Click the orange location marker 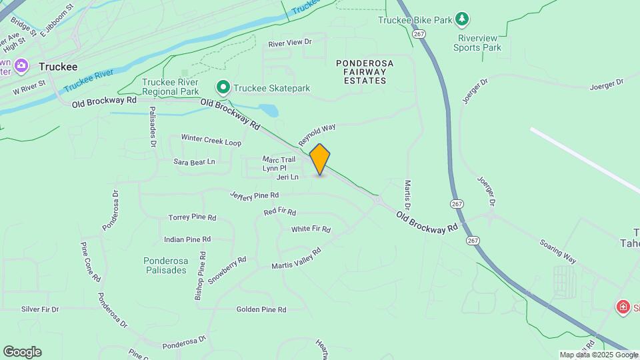click(320, 159)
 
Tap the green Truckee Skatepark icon click(223, 87)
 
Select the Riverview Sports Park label click(477, 43)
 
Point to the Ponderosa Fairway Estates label click(361, 71)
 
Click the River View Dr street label click(290, 43)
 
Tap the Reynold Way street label click(317, 135)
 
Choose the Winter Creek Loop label click(211, 143)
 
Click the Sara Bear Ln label click(194, 162)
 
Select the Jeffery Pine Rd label click(254, 195)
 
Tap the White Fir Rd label click(311, 229)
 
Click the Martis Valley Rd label click(296, 259)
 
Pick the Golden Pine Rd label click(261, 310)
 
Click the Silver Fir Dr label click(40, 309)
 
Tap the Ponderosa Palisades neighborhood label click(165, 265)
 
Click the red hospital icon click(623, 307)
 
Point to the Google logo click(22, 352)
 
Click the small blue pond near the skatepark click(268, 110)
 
